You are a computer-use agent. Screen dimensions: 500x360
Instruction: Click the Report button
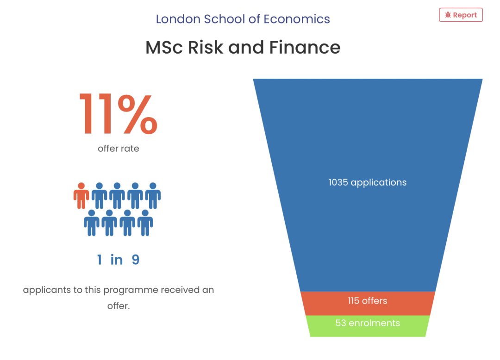point(461,15)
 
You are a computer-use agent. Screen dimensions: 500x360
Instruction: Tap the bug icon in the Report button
point(448,15)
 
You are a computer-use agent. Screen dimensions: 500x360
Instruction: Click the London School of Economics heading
point(243,19)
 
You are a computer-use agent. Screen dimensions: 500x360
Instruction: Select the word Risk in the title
point(206,47)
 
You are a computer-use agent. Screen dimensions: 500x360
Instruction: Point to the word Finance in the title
point(305,47)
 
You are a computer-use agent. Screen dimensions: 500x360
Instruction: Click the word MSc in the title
point(164,47)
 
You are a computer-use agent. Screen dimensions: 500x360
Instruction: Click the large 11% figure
point(119,114)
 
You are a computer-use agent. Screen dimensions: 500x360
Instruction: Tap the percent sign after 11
point(137,114)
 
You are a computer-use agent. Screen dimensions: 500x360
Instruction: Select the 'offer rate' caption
point(119,149)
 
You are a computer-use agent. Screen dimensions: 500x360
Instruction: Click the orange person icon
point(81,196)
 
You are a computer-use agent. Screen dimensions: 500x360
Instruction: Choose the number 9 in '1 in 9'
point(136,260)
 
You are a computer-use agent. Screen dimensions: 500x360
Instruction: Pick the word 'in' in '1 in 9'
point(116,260)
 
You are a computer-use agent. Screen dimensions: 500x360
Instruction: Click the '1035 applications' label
point(367,183)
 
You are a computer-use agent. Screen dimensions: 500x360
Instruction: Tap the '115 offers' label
point(367,301)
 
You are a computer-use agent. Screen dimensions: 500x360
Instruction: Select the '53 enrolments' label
point(367,323)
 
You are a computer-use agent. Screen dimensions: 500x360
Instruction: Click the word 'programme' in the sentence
point(131,290)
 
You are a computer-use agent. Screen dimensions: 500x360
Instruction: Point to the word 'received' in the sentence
point(180,290)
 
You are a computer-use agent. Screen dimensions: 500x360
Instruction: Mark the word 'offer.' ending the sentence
point(119,306)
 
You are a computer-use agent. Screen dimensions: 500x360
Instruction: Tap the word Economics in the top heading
point(297,19)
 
